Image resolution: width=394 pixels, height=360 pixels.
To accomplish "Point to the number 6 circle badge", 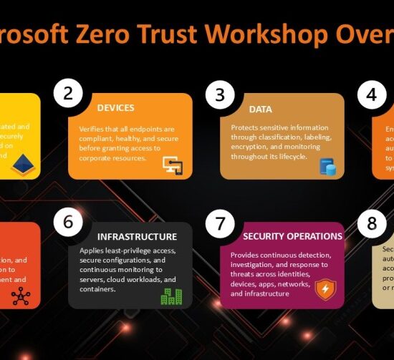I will [x=68, y=222].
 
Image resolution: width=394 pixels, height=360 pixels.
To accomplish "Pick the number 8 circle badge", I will [x=372, y=223].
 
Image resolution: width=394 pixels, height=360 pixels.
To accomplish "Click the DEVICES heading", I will [x=116, y=108].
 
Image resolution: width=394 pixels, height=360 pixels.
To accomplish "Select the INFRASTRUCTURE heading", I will [x=137, y=236].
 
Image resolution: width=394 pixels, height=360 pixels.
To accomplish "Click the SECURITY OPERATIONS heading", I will [x=292, y=236].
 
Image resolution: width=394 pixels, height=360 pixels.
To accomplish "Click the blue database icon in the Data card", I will [x=328, y=166].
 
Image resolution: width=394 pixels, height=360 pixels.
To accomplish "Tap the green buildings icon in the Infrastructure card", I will [x=171, y=296].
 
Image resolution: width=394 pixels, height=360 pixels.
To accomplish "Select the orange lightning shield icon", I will [x=326, y=289].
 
